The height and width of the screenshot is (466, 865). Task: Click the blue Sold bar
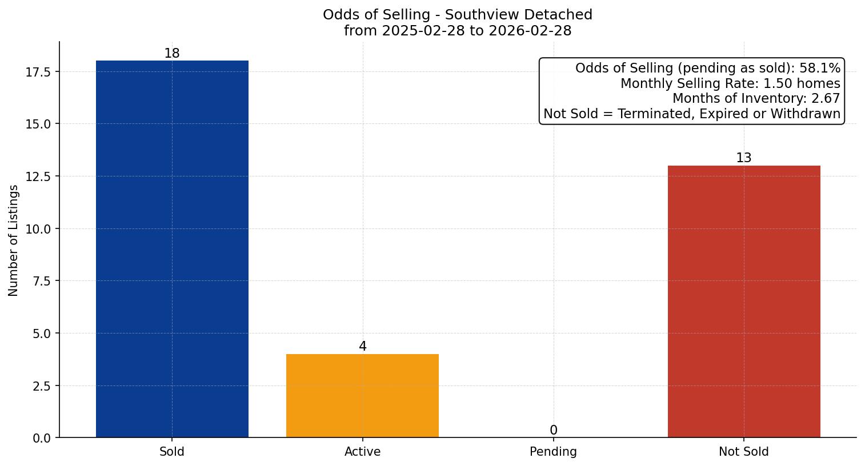pyautogui.click(x=172, y=249)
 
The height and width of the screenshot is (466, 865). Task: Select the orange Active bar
pyautogui.click(x=362, y=396)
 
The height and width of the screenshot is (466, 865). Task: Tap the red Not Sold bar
pyautogui.click(x=744, y=302)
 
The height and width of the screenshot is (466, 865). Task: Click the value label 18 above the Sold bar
pyautogui.click(x=172, y=54)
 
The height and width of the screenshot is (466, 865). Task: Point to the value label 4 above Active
pyautogui.click(x=362, y=347)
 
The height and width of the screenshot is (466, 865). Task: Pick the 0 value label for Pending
pyautogui.click(x=553, y=431)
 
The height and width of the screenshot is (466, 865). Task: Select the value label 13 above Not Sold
pyautogui.click(x=744, y=158)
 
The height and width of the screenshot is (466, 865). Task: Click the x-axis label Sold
pyautogui.click(x=172, y=452)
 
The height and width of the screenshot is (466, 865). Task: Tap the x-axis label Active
pyautogui.click(x=362, y=452)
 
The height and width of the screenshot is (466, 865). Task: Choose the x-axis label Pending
pyautogui.click(x=553, y=452)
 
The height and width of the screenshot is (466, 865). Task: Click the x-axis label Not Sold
pyautogui.click(x=744, y=452)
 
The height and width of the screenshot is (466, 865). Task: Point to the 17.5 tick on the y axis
pyautogui.click(x=38, y=72)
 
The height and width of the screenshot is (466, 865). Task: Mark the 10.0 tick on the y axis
pyautogui.click(x=38, y=229)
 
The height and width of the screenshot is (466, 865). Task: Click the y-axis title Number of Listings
pyautogui.click(x=14, y=240)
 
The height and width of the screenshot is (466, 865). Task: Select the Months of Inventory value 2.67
pyautogui.click(x=826, y=99)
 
